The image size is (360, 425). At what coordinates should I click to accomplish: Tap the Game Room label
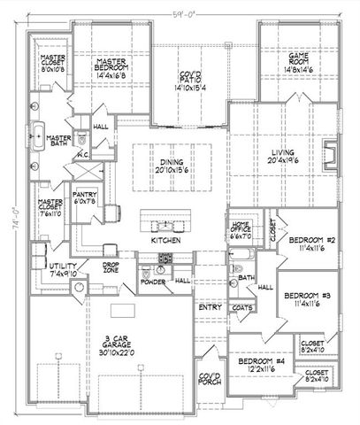[285, 59]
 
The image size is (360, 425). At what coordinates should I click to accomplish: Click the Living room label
[287, 158]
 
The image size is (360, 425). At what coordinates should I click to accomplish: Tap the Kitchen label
[166, 240]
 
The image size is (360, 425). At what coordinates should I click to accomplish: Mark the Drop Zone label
[111, 267]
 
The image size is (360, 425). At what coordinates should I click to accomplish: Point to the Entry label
[210, 307]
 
